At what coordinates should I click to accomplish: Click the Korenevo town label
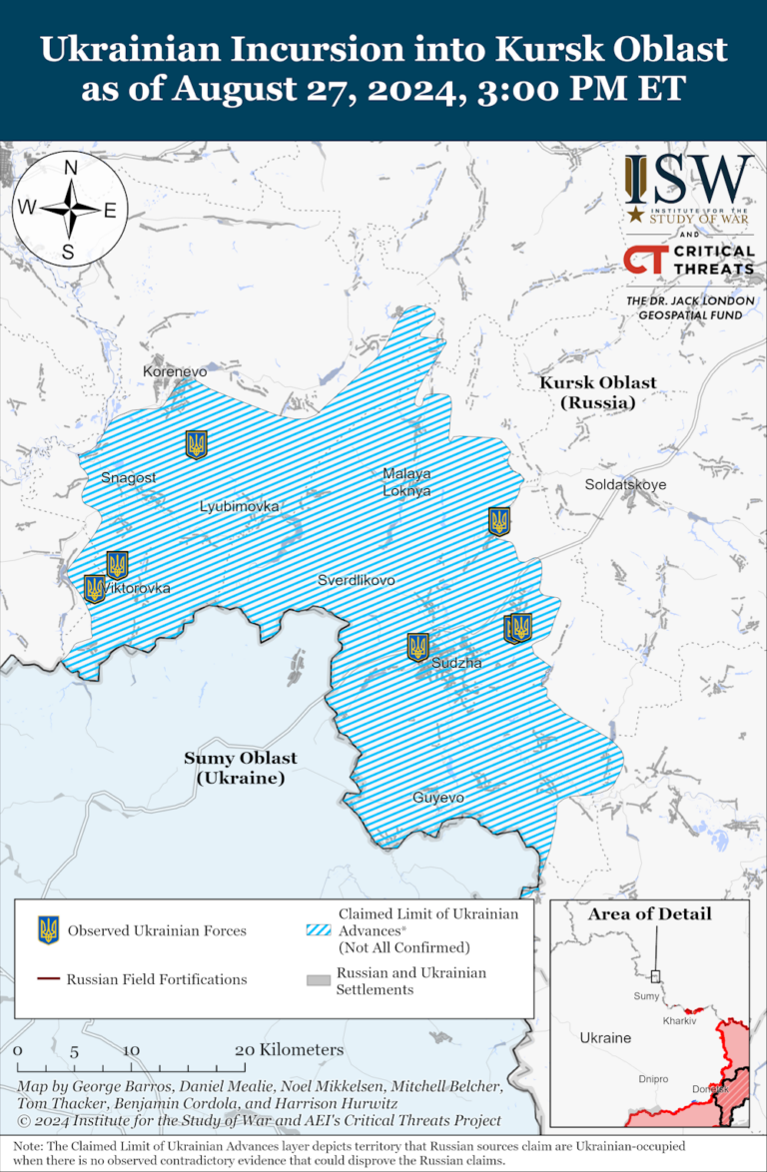point(175,371)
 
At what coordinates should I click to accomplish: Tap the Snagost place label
point(129,478)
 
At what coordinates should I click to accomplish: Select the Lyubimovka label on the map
point(239,506)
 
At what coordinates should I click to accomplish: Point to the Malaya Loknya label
point(406,481)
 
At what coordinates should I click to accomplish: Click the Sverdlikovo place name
point(357,580)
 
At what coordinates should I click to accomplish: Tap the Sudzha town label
point(457,663)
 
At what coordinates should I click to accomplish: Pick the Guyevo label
point(437,798)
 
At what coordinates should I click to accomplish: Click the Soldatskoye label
point(625,485)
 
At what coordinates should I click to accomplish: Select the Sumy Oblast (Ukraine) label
point(240,768)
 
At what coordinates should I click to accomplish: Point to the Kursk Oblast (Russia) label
point(597,392)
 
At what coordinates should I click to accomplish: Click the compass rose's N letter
point(71,169)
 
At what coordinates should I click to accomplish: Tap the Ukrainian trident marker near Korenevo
point(196,444)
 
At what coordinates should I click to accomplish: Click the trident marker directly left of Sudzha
point(418,647)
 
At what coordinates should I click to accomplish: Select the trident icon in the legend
point(48,930)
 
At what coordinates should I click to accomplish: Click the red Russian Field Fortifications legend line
point(48,979)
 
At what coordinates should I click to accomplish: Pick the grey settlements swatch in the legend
point(318,981)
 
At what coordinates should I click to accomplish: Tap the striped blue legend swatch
point(318,930)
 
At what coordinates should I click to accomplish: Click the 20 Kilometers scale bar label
point(289,1050)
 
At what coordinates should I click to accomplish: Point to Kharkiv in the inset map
point(678,1021)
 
